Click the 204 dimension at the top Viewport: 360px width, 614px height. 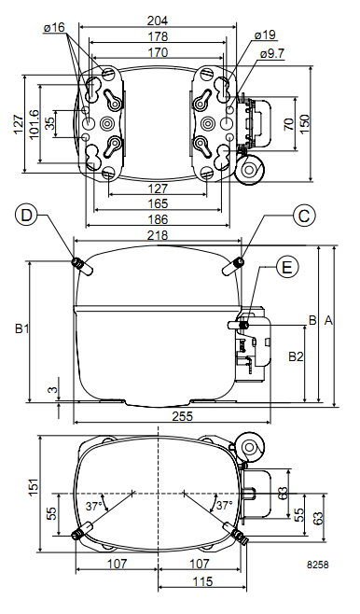158,20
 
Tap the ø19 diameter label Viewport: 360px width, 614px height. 265,35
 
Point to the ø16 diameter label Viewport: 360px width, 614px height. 54,27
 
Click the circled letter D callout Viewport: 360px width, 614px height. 26,216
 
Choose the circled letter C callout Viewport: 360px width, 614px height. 304,216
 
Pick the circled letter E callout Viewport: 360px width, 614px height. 287,268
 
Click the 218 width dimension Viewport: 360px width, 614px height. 158,235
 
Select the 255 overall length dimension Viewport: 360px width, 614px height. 183,416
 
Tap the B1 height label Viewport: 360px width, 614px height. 21,328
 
